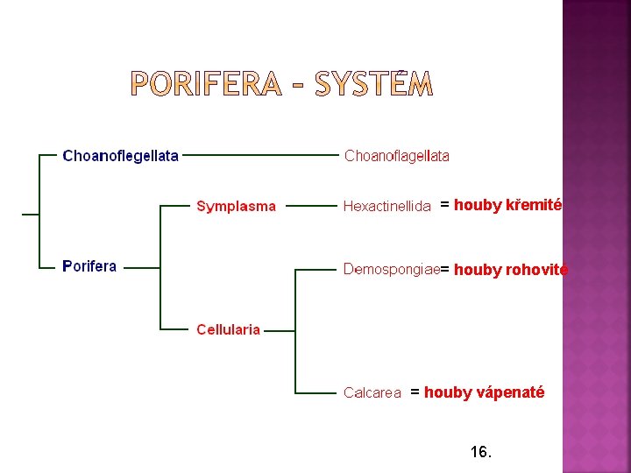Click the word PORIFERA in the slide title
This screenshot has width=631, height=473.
[x=207, y=84]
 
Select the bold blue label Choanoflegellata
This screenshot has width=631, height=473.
[x=120, y=156]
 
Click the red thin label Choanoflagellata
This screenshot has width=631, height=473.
[x=397, y=156]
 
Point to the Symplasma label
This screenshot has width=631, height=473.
[x=236, y=207]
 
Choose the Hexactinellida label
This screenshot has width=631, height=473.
[x=386, y=207]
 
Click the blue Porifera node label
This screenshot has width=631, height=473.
[x=89, y=266]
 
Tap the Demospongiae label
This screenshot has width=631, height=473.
[x=391, y=269]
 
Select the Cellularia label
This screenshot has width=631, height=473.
[x=228, y=329]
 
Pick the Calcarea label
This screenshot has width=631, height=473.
[x=372, y=393]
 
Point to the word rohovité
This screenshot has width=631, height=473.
[x=537, y=270]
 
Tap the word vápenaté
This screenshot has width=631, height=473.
[x=510, y=392]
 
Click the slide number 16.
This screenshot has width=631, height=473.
[x=481, y=452]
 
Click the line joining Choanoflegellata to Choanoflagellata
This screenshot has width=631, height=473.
[x=259, y=155]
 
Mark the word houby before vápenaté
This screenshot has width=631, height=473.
[x=448, y=392]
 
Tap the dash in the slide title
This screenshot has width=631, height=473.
[x=299, y=85]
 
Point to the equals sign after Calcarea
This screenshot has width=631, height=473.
[x=415, y=392]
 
